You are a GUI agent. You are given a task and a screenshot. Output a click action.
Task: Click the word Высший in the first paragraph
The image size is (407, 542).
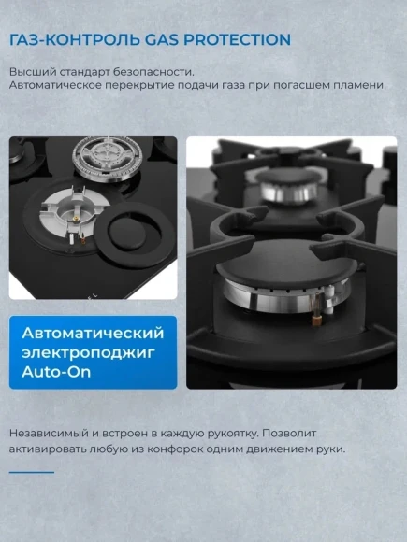click(x=32, y=72)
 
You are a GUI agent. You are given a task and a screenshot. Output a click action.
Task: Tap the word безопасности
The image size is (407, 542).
click(x=153, y=72)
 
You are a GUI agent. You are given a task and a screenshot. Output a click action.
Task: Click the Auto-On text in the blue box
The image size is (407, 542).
click(x=56, y=372)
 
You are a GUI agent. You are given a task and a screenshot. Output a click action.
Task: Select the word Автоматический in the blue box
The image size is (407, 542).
click(x=93, y=333)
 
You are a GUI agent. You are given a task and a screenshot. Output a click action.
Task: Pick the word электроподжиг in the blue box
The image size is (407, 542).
click(x=89, y=353)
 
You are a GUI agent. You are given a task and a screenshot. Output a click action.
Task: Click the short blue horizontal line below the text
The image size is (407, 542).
click(x=32, y=472)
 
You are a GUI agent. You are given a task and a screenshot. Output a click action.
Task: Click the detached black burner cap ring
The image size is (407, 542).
click(x=135, y=235)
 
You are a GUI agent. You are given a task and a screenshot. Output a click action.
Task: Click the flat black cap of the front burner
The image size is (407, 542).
click(x=286, y=264)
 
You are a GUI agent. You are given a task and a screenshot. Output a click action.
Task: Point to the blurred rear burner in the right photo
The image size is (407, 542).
click(x=287, y=185)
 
